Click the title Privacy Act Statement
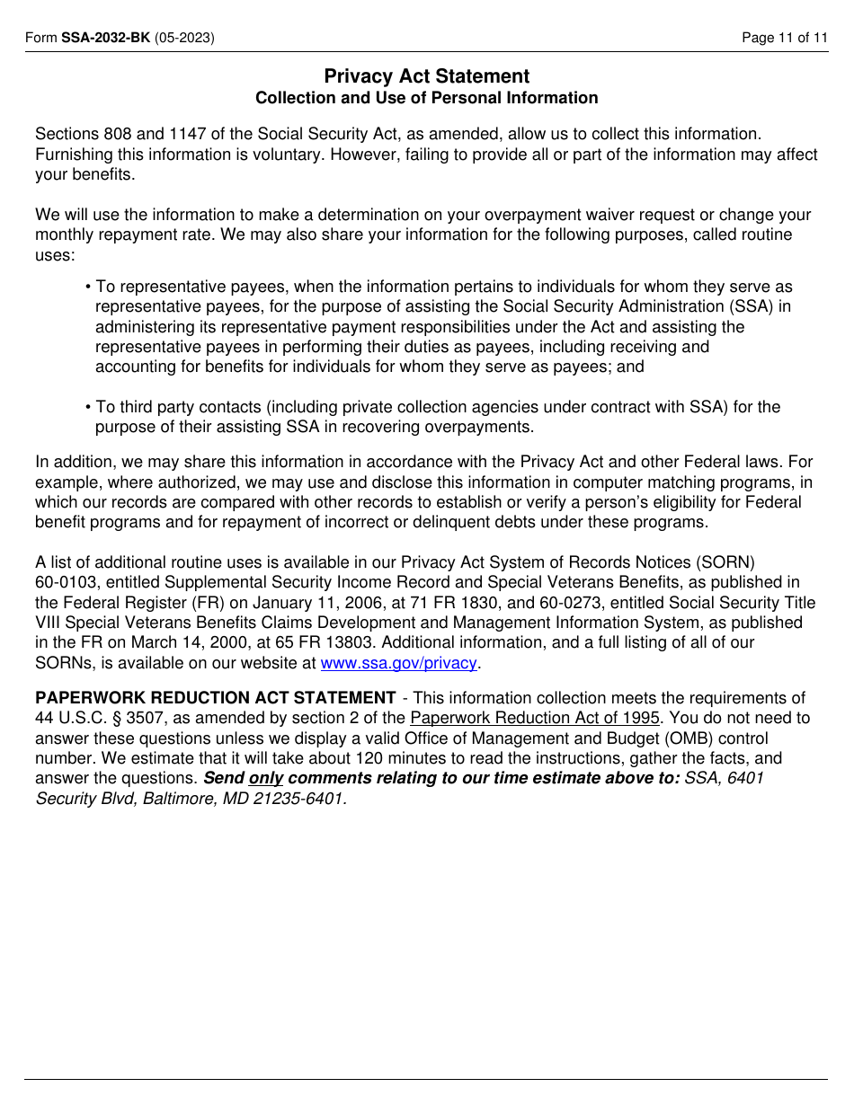pos(426,76)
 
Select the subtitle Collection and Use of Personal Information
pos(426,98)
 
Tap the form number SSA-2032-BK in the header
pos(105,38)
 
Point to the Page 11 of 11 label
pos(784,38)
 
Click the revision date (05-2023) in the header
pos(184,38)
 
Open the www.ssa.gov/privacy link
pos(398,663)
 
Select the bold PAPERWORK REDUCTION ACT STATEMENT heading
pos(215,698)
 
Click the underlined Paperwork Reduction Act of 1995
pos(534,718)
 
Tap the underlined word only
pos(265,778)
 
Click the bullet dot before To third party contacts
pos(88,408)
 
